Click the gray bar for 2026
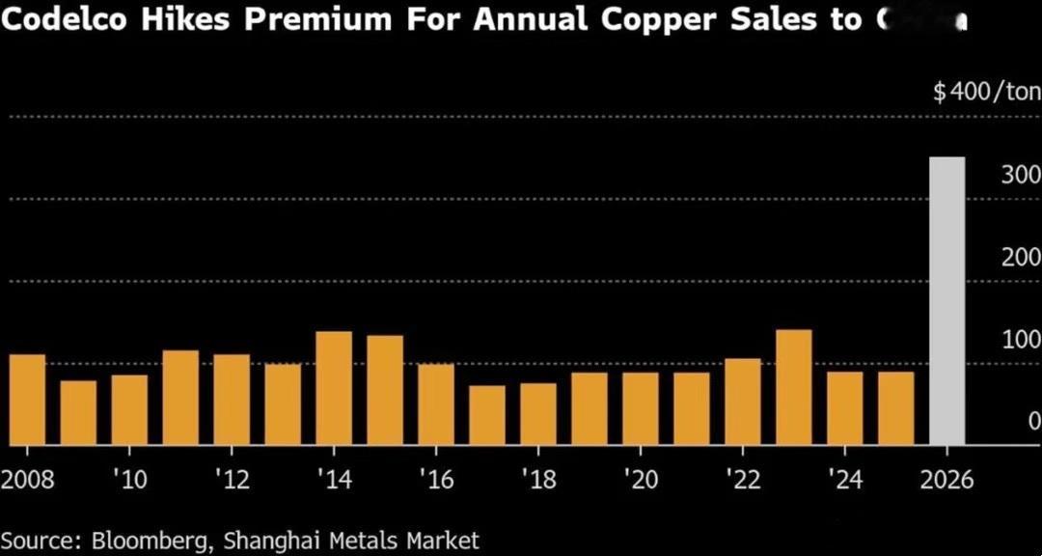[946, 301]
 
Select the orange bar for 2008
[27, 400]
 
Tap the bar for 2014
[334, 388]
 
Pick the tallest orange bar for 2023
[793, 387]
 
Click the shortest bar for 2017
[487, 415]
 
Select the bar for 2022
[743, 402]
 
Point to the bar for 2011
[180, 398]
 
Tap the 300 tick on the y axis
[1020, 176]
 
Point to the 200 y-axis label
[1020, 258]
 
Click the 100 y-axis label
[1020, 340]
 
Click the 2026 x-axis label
[946, 480]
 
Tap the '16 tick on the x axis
[436, 480]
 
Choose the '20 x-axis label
[641, 480]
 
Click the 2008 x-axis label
[27, 480]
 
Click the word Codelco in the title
[72, 18]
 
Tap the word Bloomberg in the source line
[145, 539]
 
